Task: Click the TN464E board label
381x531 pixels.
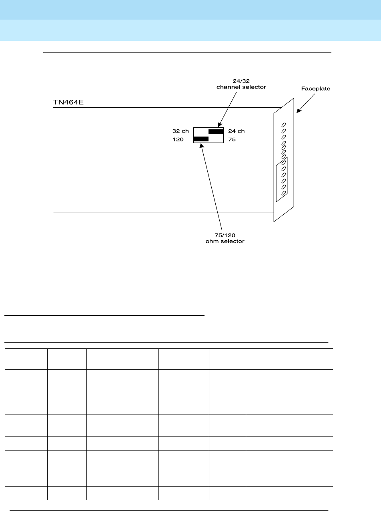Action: tap(68, 102)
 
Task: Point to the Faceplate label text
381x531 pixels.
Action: tap(316, 88)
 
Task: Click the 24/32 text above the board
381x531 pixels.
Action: tap(241, 81)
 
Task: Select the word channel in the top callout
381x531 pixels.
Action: tap(227, 87)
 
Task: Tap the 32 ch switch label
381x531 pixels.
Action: tap(180, 131)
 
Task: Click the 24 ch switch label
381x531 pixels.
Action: tap(236, 131)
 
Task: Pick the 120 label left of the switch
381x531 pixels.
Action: tap(178, 139)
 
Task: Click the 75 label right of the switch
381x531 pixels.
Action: tap(232, 139)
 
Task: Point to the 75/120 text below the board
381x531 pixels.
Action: tap(225, 235)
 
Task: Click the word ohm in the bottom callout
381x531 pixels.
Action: tap(212, 241)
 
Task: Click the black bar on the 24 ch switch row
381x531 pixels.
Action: tap(216, 131)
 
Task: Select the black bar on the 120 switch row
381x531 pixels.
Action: tap(201, 139)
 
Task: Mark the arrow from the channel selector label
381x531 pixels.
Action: tap(230, 107)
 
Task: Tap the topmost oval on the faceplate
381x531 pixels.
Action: tap(284, 125)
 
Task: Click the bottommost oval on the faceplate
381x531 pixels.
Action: tap(284, 193)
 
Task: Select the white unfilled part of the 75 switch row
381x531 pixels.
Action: tap(216, 139)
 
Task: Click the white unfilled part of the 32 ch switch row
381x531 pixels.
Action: tap(201, 131)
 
